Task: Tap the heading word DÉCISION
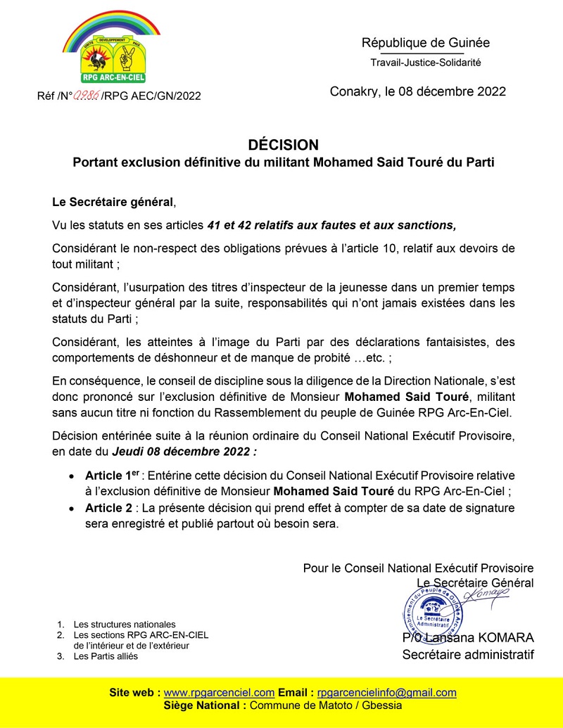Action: [284, 145]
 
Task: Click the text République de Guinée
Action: [426, 43]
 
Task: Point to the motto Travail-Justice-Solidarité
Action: [426, 63]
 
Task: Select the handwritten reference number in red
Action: [87, 95]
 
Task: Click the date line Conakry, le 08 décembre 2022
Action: [418, 91]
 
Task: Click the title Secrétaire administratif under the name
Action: [468, 655]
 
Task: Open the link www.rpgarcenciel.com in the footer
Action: [219, 692]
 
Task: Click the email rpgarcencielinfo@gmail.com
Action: [387, 692]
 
